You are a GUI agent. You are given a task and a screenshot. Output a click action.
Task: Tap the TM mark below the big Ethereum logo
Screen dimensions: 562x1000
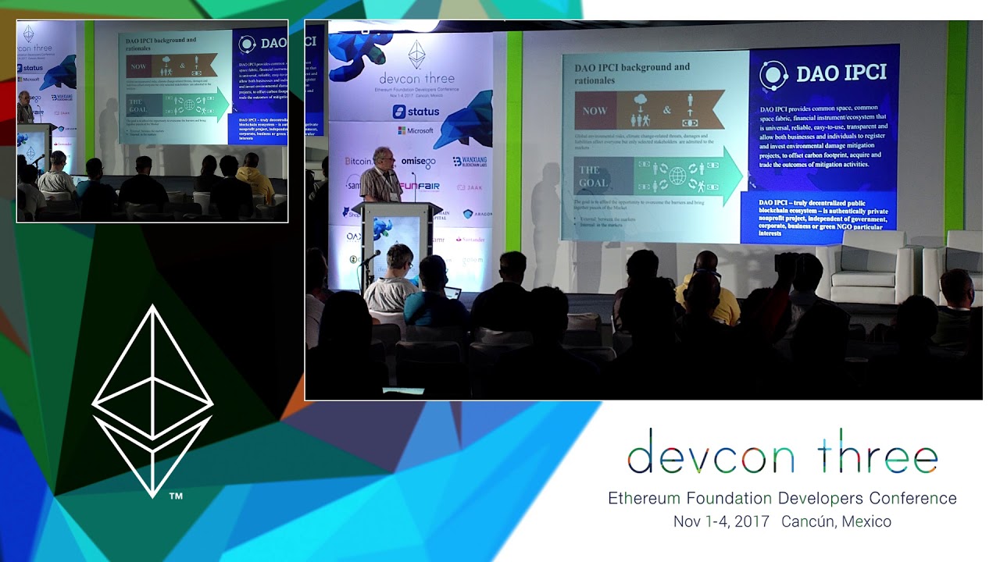(x=176, y=496)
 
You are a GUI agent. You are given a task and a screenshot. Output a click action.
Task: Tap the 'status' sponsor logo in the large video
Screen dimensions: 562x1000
(x=416, y=112)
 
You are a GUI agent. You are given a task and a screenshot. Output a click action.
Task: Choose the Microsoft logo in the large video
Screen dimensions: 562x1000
(x=416, y=130)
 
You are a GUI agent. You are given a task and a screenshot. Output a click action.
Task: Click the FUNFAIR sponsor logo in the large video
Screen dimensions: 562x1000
(x=420, y=187)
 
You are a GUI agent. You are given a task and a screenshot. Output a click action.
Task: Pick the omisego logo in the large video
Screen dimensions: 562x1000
(x=417, y=162)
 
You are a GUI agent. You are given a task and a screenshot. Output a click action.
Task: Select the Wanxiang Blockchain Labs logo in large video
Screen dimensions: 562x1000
(x=471, y=162)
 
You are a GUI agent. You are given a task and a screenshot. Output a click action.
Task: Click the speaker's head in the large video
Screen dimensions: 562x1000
(x=382, y=156)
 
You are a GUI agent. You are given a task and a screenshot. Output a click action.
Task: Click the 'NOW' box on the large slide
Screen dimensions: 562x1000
(x=595, y=110)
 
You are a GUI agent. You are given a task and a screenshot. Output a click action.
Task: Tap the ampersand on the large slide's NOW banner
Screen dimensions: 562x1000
(x=667, y=110)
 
